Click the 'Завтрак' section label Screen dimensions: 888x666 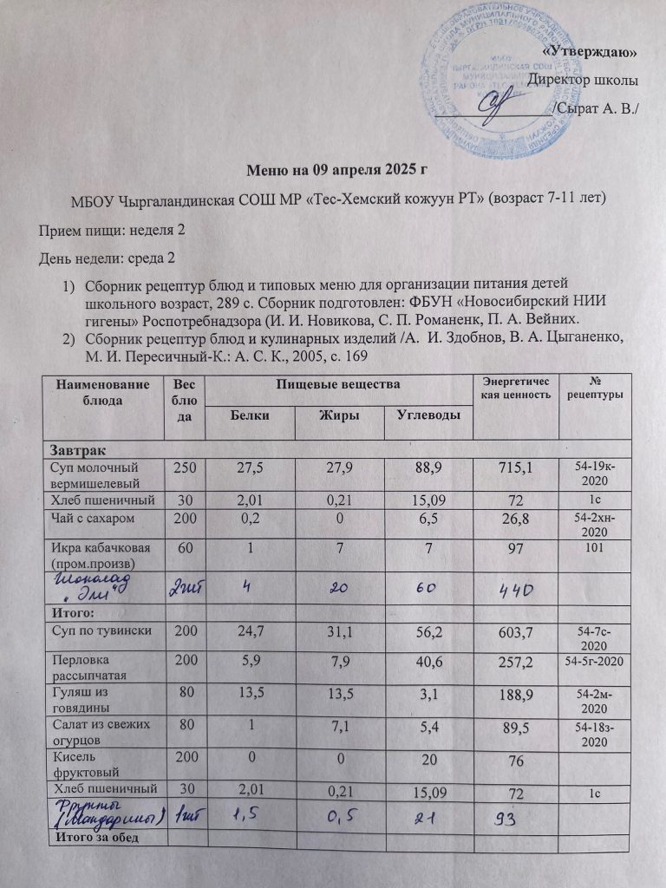coord(78,452)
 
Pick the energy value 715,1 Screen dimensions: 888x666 coord(516,470)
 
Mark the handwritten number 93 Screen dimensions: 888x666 coord(513,815)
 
